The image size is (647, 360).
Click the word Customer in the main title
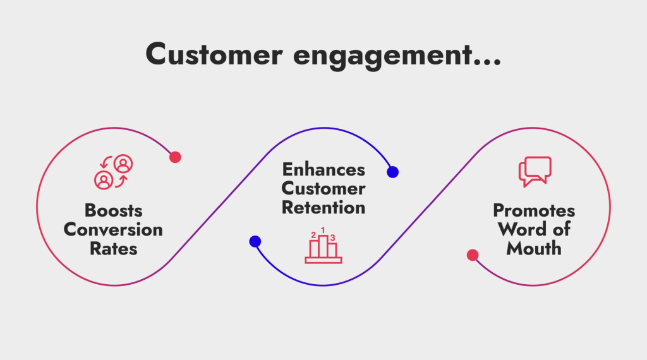(x=213, y=55)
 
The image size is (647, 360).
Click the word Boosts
(x=113, y=210)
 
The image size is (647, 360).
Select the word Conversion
(x=113, y=229)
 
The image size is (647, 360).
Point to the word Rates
(x=113, y=248)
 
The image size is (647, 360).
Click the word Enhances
(x=323, y=169)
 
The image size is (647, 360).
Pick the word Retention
(x=323, y=207)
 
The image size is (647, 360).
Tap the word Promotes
(x=534, y=210)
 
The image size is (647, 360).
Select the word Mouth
(x=534, y=248)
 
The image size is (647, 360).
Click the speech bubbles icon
(x=535, y=171)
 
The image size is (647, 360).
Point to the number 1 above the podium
(x=323, y=231)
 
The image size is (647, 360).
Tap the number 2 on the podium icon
(x=313, y=236)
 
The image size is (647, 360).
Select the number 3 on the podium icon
(x=333, y=237)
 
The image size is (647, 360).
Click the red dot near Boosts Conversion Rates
(x=175, y=157)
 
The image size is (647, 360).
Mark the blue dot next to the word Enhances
(x=392, y=172)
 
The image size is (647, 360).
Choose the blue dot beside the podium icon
(x=255, y=241)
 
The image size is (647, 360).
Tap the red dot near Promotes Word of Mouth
(x=472, y=255)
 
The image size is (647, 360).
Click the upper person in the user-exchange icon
(x=123, y=164)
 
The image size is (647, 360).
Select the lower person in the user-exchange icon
(x=102, y=180)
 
